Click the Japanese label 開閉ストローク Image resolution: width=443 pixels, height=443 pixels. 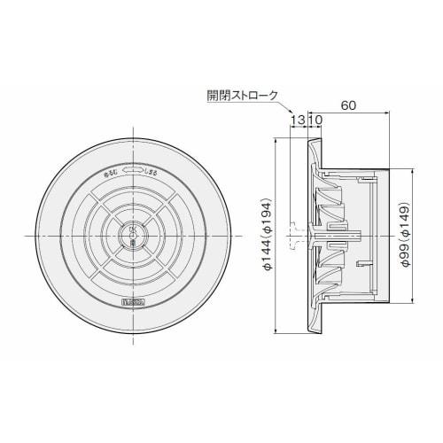tap(240, 95)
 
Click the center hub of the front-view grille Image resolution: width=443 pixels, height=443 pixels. tap(133, 235)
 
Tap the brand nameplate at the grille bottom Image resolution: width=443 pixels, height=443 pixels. tap(133, 303)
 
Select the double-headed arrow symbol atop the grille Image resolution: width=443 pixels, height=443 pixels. tap(133, 168)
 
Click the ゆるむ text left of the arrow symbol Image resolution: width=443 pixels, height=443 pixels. tap(113, 172)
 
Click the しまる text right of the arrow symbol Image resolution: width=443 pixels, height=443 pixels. tap(153, 172)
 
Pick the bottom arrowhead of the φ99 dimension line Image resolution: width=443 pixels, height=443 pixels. tap(395, 301)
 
